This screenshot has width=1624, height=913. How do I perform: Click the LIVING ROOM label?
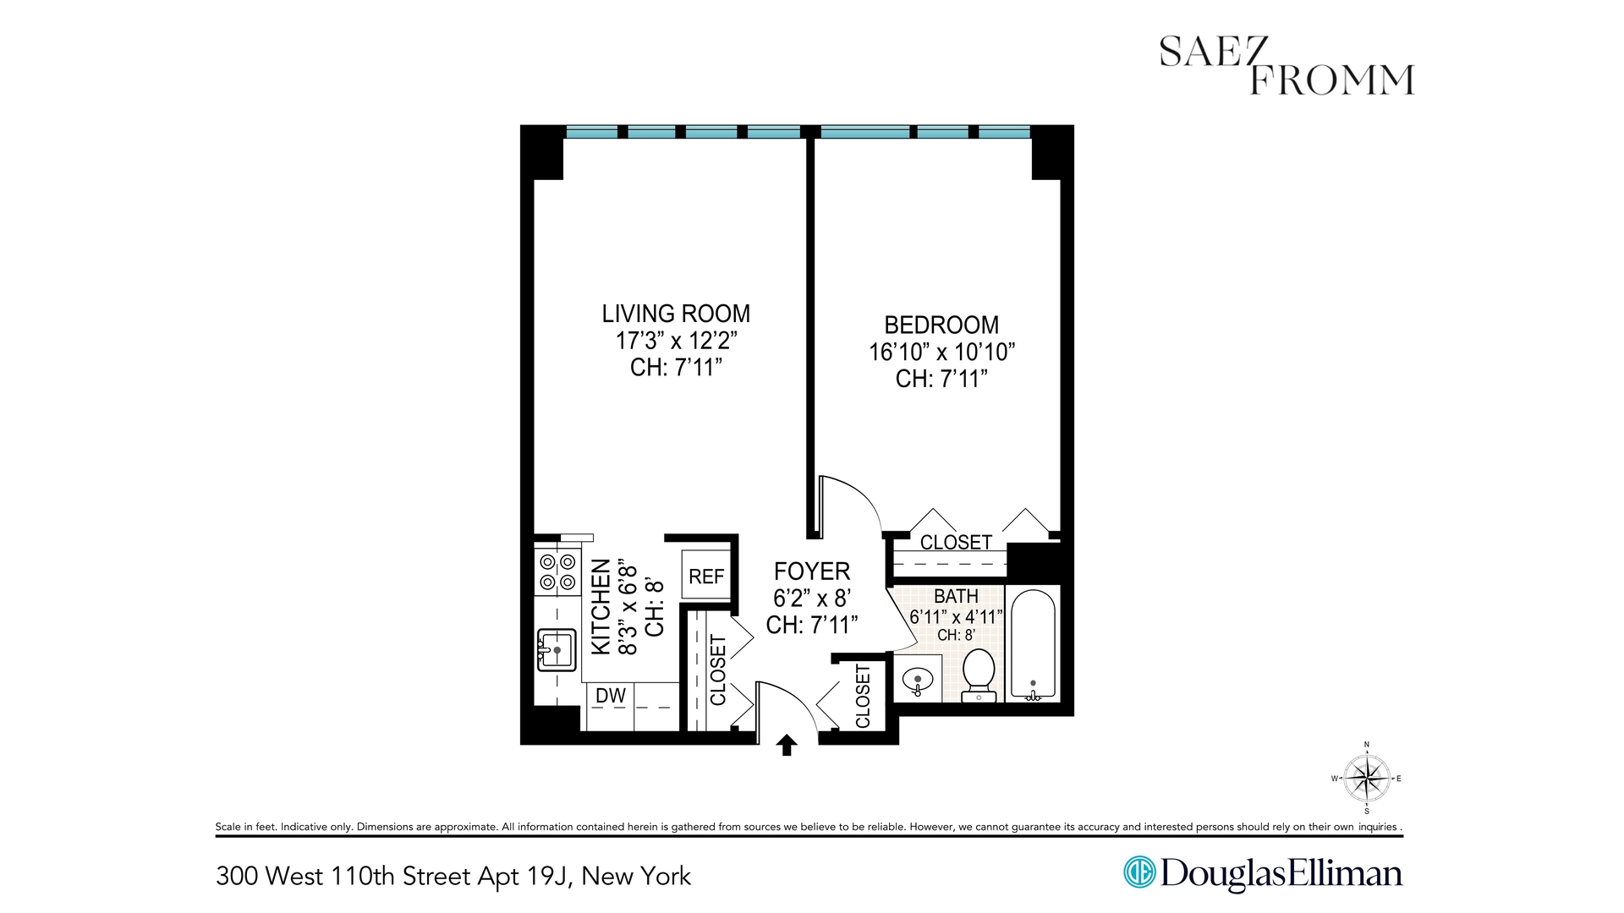click(x=676, y=314)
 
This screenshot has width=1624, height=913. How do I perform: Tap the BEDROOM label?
click(x=941, y=325)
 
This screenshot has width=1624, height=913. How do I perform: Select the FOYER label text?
click(x=812, y=571)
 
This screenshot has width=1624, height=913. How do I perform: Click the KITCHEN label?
click(x=601, y=606)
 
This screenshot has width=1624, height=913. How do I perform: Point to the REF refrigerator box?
click(x=706, y=576)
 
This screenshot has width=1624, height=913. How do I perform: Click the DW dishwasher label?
click(x=611, y=696)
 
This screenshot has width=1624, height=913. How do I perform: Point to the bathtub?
click(x=1033, y=644)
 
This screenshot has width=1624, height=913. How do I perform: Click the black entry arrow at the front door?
click(x=787, y=744)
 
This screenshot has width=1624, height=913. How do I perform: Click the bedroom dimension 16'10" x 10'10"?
click(x=941, y=352)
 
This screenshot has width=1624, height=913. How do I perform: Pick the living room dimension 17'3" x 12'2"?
click(x=676, y=341)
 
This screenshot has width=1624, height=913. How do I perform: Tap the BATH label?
click(x=956, y=597)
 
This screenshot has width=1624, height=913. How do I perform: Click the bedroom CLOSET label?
click(x=956, y=542)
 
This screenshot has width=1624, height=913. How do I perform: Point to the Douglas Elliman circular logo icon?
click(x=1139, y=872)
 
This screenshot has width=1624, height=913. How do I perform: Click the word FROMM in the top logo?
click(x=1331, y=80)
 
